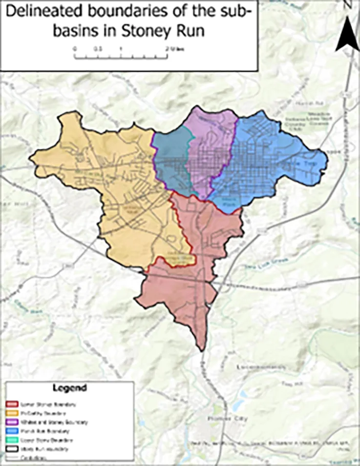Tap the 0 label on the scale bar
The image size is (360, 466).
point(75,49)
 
